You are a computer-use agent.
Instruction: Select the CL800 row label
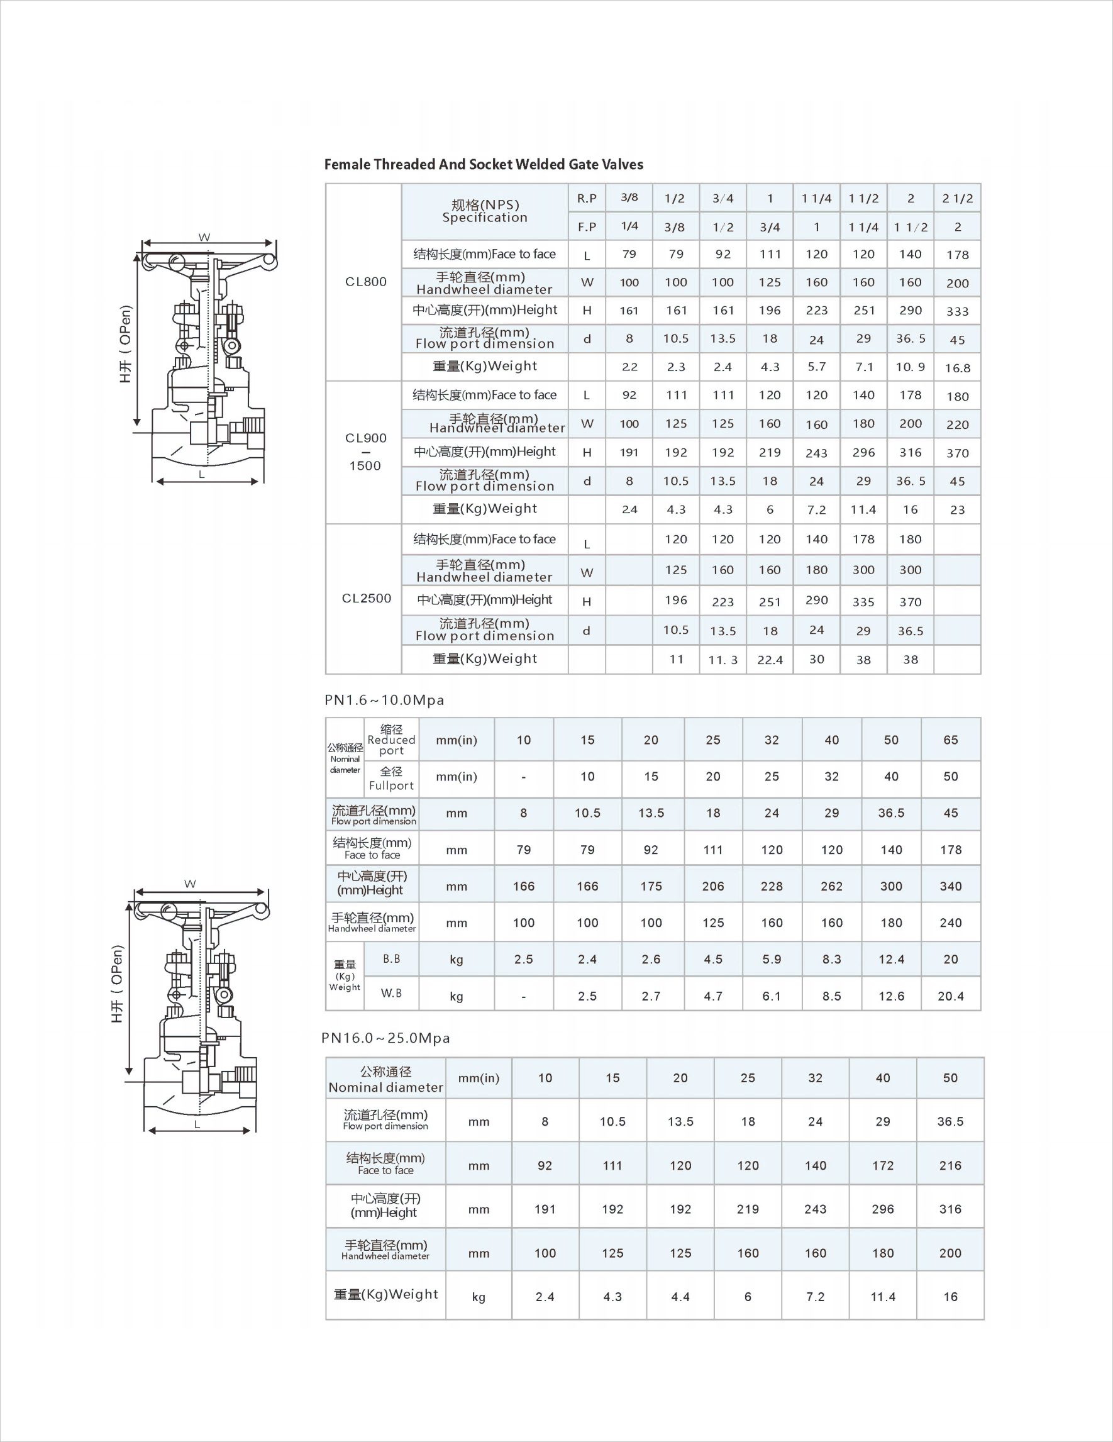click(x=366, y=282)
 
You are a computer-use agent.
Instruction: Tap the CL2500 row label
click(x=367, y=598)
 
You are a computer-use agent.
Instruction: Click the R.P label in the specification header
click(x=586, y=198)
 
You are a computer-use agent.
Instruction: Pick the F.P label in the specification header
click(x=586, y=227)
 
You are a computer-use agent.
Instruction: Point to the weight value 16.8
click(x=957, y=368)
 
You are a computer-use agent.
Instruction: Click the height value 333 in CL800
click(x=957, y=311)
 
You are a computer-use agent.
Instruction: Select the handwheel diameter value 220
click(x=957, y=424)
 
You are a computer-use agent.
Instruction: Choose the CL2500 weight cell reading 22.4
click(x=770, y=660)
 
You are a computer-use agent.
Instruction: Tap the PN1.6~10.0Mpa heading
click(x=384, y=700)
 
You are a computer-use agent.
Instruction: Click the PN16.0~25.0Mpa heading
click(x=385, y=1038)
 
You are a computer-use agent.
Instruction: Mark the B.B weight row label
click(x=392, y=958)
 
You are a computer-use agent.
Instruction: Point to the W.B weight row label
click(x=392, y=993)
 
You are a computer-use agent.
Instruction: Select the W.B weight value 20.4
click(x=951, y=996)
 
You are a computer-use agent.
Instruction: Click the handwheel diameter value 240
click(x=951, y=923)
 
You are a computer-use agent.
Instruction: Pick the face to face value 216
click(x=950, y=1165)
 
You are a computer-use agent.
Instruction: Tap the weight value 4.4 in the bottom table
click(x=680, y=1297)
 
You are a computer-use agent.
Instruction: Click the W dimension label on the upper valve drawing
click(x=204, y=237)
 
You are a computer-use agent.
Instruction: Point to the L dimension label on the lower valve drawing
click(x=197, y=1124)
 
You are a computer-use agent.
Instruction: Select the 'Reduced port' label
click(x=392, y=740)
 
